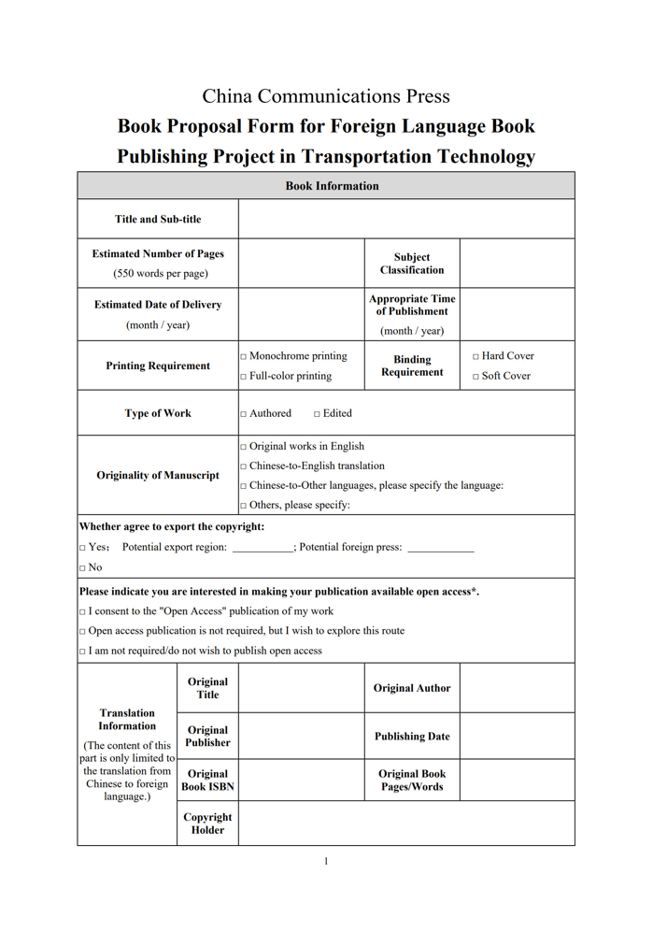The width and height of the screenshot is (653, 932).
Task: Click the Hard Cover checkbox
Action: click(x=476, y=357)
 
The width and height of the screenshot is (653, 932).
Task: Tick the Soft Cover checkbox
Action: click(x=476, y=377)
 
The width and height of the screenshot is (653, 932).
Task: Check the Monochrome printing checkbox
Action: click(x=244, y=357)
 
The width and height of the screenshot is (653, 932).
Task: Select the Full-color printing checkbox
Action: click(x=244, y=377)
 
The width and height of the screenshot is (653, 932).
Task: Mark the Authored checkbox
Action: click(x=244, y=414)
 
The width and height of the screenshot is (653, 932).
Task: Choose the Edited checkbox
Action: click(x=318, y=414)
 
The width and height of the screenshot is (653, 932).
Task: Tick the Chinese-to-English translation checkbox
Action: click(x=244, y=466)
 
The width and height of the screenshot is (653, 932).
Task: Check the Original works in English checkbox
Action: click(x=244, y=447)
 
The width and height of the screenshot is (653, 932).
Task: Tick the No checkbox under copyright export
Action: click(x=82, y=567)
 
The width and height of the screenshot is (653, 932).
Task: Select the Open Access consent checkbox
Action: click(x=82, y=612)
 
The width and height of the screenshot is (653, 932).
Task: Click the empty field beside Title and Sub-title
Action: click(x=406, y=220)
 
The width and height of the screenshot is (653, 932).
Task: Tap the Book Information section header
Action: click(x=326, y=186)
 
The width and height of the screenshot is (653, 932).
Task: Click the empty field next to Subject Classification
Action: click(x=517, y=264)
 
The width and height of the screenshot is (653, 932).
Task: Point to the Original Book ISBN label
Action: click(x=207, y=781)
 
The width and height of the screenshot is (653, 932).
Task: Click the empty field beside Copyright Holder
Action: click(x=406, y=824)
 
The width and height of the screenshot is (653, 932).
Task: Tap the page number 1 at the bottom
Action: click(x=326, y=861)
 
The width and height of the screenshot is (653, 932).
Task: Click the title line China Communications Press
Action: click(x=326, y=96)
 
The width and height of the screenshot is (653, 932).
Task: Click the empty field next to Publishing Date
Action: click(x=517, y=737)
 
